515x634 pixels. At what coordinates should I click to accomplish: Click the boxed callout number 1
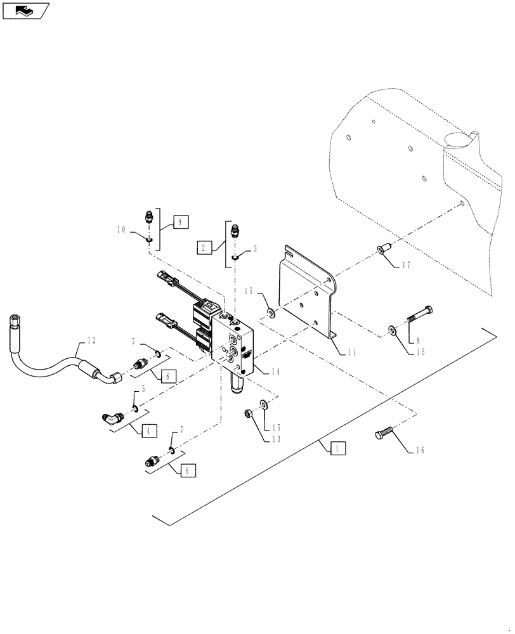click(337, 448)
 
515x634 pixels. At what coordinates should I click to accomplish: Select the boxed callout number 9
click(179, 222)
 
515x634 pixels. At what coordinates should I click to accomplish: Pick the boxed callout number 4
click(147, 431)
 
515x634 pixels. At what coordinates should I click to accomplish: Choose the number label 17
click(405, 265)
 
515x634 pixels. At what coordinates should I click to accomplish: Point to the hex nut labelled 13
click(250, 414)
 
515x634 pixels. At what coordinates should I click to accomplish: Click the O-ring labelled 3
click(235, 256)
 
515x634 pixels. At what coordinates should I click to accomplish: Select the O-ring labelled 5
click(135, 408)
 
